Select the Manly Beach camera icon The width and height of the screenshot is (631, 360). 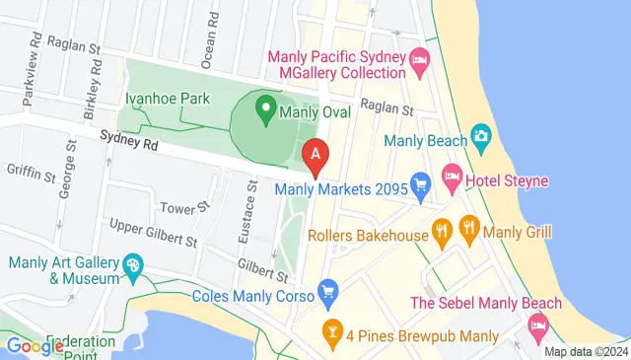point(481,133)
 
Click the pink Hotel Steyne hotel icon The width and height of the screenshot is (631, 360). point(453,180)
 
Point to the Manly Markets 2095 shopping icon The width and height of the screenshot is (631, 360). point(421,182)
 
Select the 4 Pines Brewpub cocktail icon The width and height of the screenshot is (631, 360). point(331,331)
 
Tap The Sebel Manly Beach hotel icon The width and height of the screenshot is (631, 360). point(539,324)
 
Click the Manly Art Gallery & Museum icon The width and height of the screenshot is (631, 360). point(131,265)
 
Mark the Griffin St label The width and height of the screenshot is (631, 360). point(30,174)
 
